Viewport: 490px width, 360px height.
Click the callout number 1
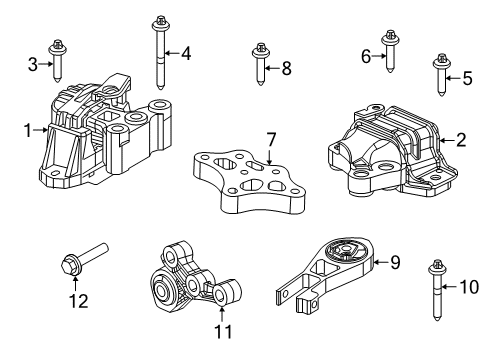28,128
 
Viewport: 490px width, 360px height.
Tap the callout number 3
32,65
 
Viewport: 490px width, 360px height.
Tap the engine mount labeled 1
260,67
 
